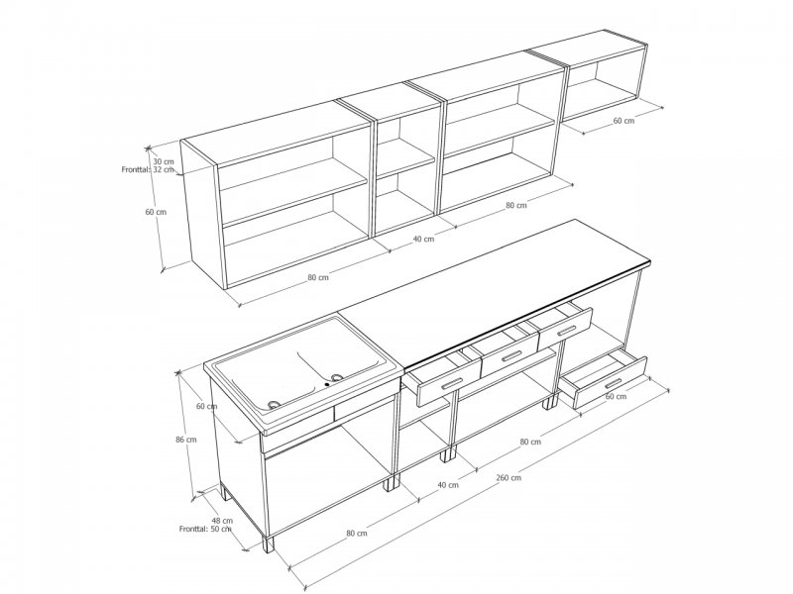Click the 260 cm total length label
[x=509, y=477]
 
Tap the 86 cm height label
[x=186, y=440]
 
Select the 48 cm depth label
[x=222, y=521]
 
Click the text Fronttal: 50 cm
[x=205, y=529]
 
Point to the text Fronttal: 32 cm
[x=148, y=169]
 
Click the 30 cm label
[x=164, y=161]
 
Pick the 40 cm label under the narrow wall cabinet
[x=423, y=239]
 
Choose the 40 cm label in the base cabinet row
[x=448, y=485]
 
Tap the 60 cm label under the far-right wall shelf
[x=623, y=121]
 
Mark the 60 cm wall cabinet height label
[x=156, y=212]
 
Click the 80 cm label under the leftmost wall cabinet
[x=318, y=277]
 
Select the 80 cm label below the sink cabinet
[x=357, y=533]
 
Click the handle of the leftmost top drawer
[x=452, y=383]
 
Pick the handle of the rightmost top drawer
[x=565, y=331]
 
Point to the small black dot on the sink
[x=327, y=384]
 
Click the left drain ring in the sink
[x=275, y=404]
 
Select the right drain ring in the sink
[x=337, y=377]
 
